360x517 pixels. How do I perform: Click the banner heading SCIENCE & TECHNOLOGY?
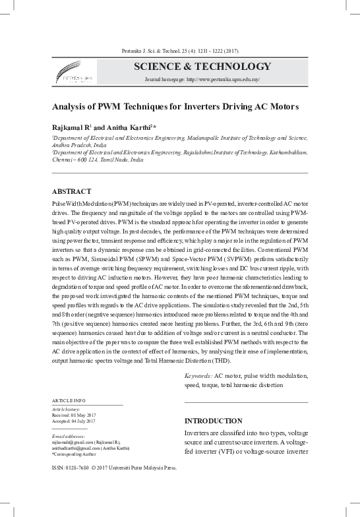(202, 67)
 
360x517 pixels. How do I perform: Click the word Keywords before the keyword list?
(198, 375)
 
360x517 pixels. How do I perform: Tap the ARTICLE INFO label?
(69, 401)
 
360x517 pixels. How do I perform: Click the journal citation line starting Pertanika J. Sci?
(180, 51)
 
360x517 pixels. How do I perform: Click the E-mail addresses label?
(69, 436)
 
